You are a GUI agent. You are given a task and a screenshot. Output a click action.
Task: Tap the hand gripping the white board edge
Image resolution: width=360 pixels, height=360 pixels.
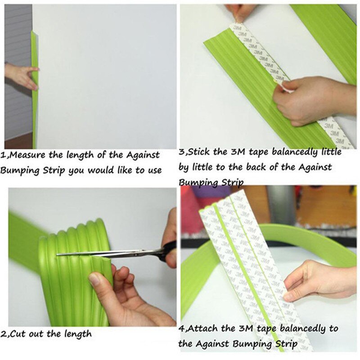pos(20,74)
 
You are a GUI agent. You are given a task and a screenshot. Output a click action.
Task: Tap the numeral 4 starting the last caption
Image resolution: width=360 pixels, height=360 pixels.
pos(181,329)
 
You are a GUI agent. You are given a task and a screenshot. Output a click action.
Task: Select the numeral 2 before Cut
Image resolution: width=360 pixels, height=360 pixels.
pos(3,334)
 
